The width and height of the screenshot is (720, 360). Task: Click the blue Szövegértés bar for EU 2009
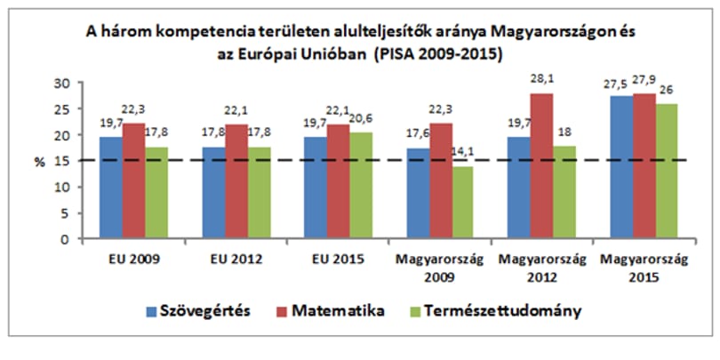pyautogui.click(x=111, y=188)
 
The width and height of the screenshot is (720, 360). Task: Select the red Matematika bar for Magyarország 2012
pyautogui.click(x=542, y=166)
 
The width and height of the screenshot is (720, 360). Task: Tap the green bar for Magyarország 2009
pyautogui.click(x=462, y=203)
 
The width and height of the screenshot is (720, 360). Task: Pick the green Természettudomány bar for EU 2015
pyautogui.click(x=361, y=186)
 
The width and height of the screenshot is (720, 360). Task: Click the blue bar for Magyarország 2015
pyautogui.click(x=621, y=168)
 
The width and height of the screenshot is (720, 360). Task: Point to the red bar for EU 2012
pyautogui.click(x=236, y=182)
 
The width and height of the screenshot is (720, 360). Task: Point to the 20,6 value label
pyautogui.click(x=364, y=118)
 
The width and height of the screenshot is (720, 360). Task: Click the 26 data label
pyautogui.click(x=667, y=90)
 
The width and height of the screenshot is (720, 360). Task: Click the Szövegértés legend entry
pyautogui.click(x=198, y=311)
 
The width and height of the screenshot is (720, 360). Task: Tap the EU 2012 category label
pyautogui.click(x=236, y=259)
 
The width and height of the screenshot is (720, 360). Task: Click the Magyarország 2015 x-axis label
pyautogui.click(x=645, y=268)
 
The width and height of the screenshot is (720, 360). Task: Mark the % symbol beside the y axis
pyautogui.click(x=40, y=163)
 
